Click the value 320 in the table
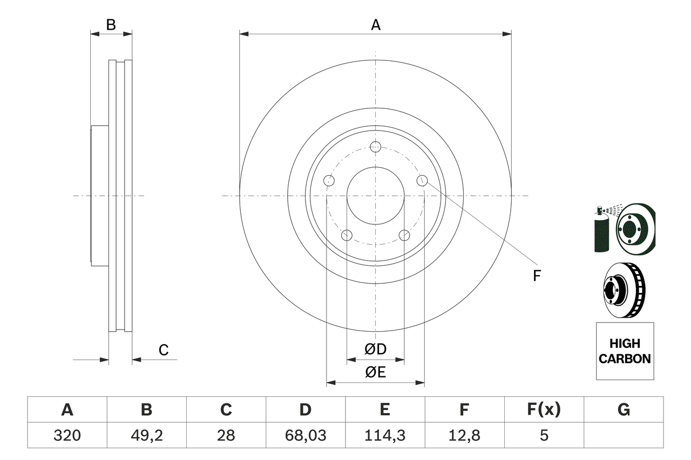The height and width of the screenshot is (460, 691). [67, 435]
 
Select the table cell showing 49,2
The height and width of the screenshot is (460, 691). [146, 435]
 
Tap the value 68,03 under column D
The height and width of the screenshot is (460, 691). [305, 435]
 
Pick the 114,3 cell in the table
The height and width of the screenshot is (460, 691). [384, 435]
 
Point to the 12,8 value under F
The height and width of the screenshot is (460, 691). [464, 435]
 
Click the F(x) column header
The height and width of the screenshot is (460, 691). [543, 410]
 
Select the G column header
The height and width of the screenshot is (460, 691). [624, 410]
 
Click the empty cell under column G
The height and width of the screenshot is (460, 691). [624, 435]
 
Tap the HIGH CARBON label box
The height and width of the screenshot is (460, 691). [625, 351]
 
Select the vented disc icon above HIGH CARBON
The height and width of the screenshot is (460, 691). [624, 290]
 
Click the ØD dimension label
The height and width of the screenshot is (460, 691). [376, 349]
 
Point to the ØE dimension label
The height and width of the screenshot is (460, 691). [376, 373]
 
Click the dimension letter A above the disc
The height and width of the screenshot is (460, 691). [375, 25]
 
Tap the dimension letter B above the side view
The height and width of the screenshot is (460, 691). [111, 25]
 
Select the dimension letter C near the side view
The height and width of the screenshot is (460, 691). [164, 350]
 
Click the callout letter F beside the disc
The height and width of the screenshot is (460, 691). [536, 276]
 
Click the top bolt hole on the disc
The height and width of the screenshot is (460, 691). [376, 147]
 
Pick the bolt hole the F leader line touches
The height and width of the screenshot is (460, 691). [422, 181]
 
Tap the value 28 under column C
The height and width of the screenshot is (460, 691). [226, 435]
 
